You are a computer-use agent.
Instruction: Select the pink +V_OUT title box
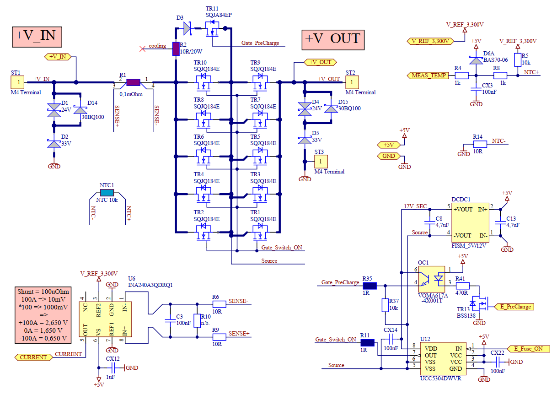point(333,39)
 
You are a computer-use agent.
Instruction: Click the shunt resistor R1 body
point(133,82)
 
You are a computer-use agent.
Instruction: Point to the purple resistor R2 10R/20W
point(175,49)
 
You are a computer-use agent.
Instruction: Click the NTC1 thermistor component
point(107,193)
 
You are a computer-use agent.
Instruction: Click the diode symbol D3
point(187,29)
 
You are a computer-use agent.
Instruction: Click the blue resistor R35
point(369,286)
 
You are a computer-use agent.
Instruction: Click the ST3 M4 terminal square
point(321,161)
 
